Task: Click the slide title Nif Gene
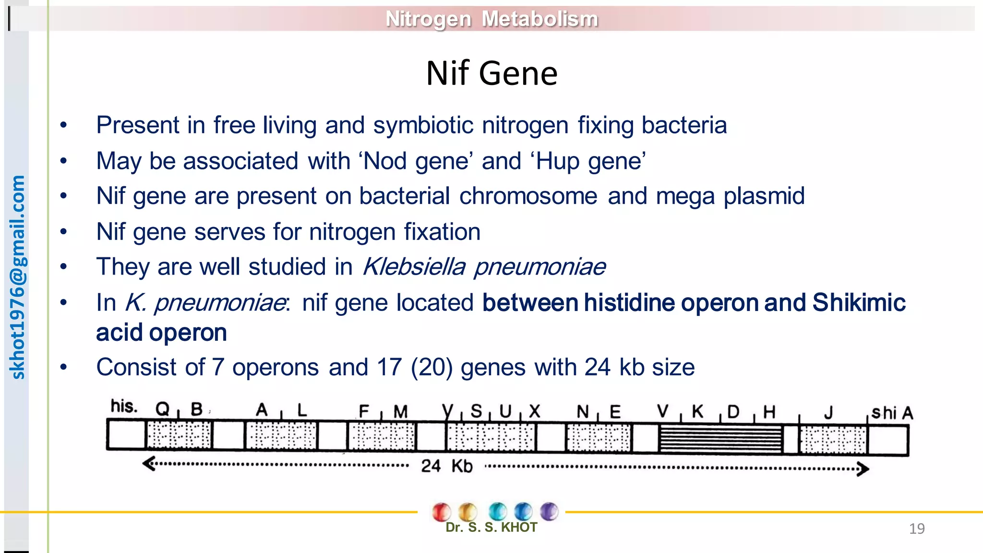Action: click(491, 73)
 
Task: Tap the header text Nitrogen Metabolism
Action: click(491, 19)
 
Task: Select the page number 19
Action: click(916, 529)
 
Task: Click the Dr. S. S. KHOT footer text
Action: click(491, 528)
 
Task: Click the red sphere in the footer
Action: click(441, 512)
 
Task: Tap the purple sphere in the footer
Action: click(549, 511)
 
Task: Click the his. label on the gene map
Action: click(124, 407)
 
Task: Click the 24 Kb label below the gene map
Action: click(446, 466)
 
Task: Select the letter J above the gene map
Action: click(828, 413)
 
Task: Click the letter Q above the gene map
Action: click(162, 409)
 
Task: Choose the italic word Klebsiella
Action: click(414, 267)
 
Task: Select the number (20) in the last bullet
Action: click(432, 368)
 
